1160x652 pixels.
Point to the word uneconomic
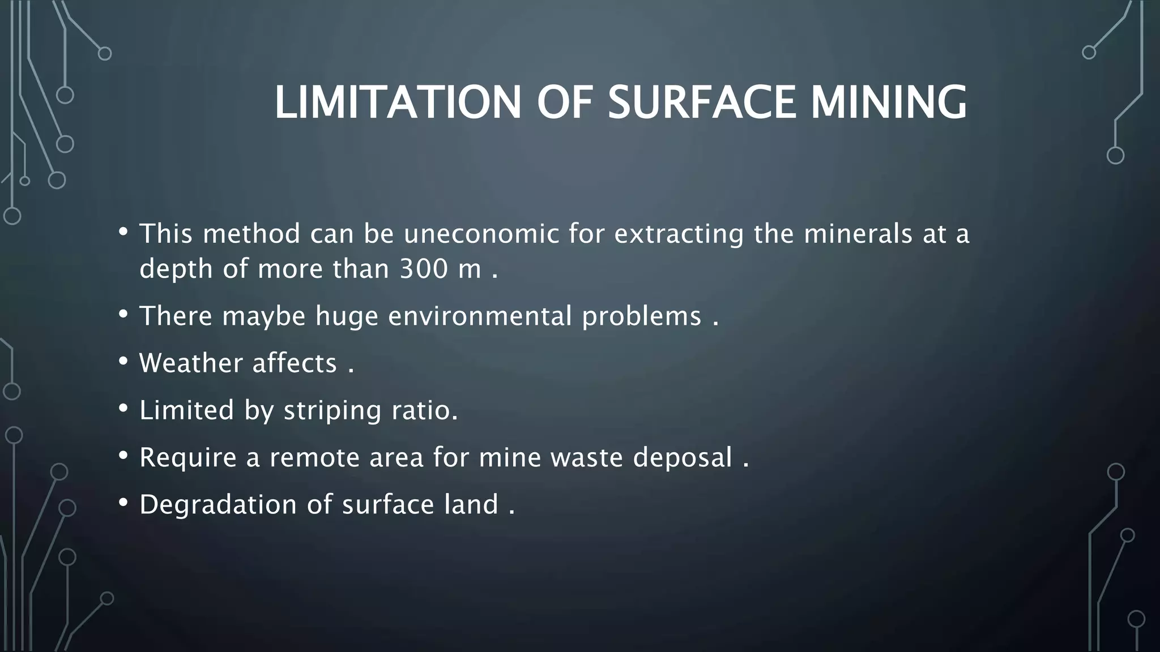pos(481,234)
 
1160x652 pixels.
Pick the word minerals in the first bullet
pos(858,234)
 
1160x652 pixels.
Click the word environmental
pos(480,316)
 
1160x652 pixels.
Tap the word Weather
pos(191,363)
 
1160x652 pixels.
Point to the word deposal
pos(683,457)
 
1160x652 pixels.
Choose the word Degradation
pos(218,504)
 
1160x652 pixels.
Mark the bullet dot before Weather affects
pos(123,362)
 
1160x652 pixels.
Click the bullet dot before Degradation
pos(123,503)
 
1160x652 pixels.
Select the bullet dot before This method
pos(123,232)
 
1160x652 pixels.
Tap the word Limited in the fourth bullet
pos(186,410)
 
